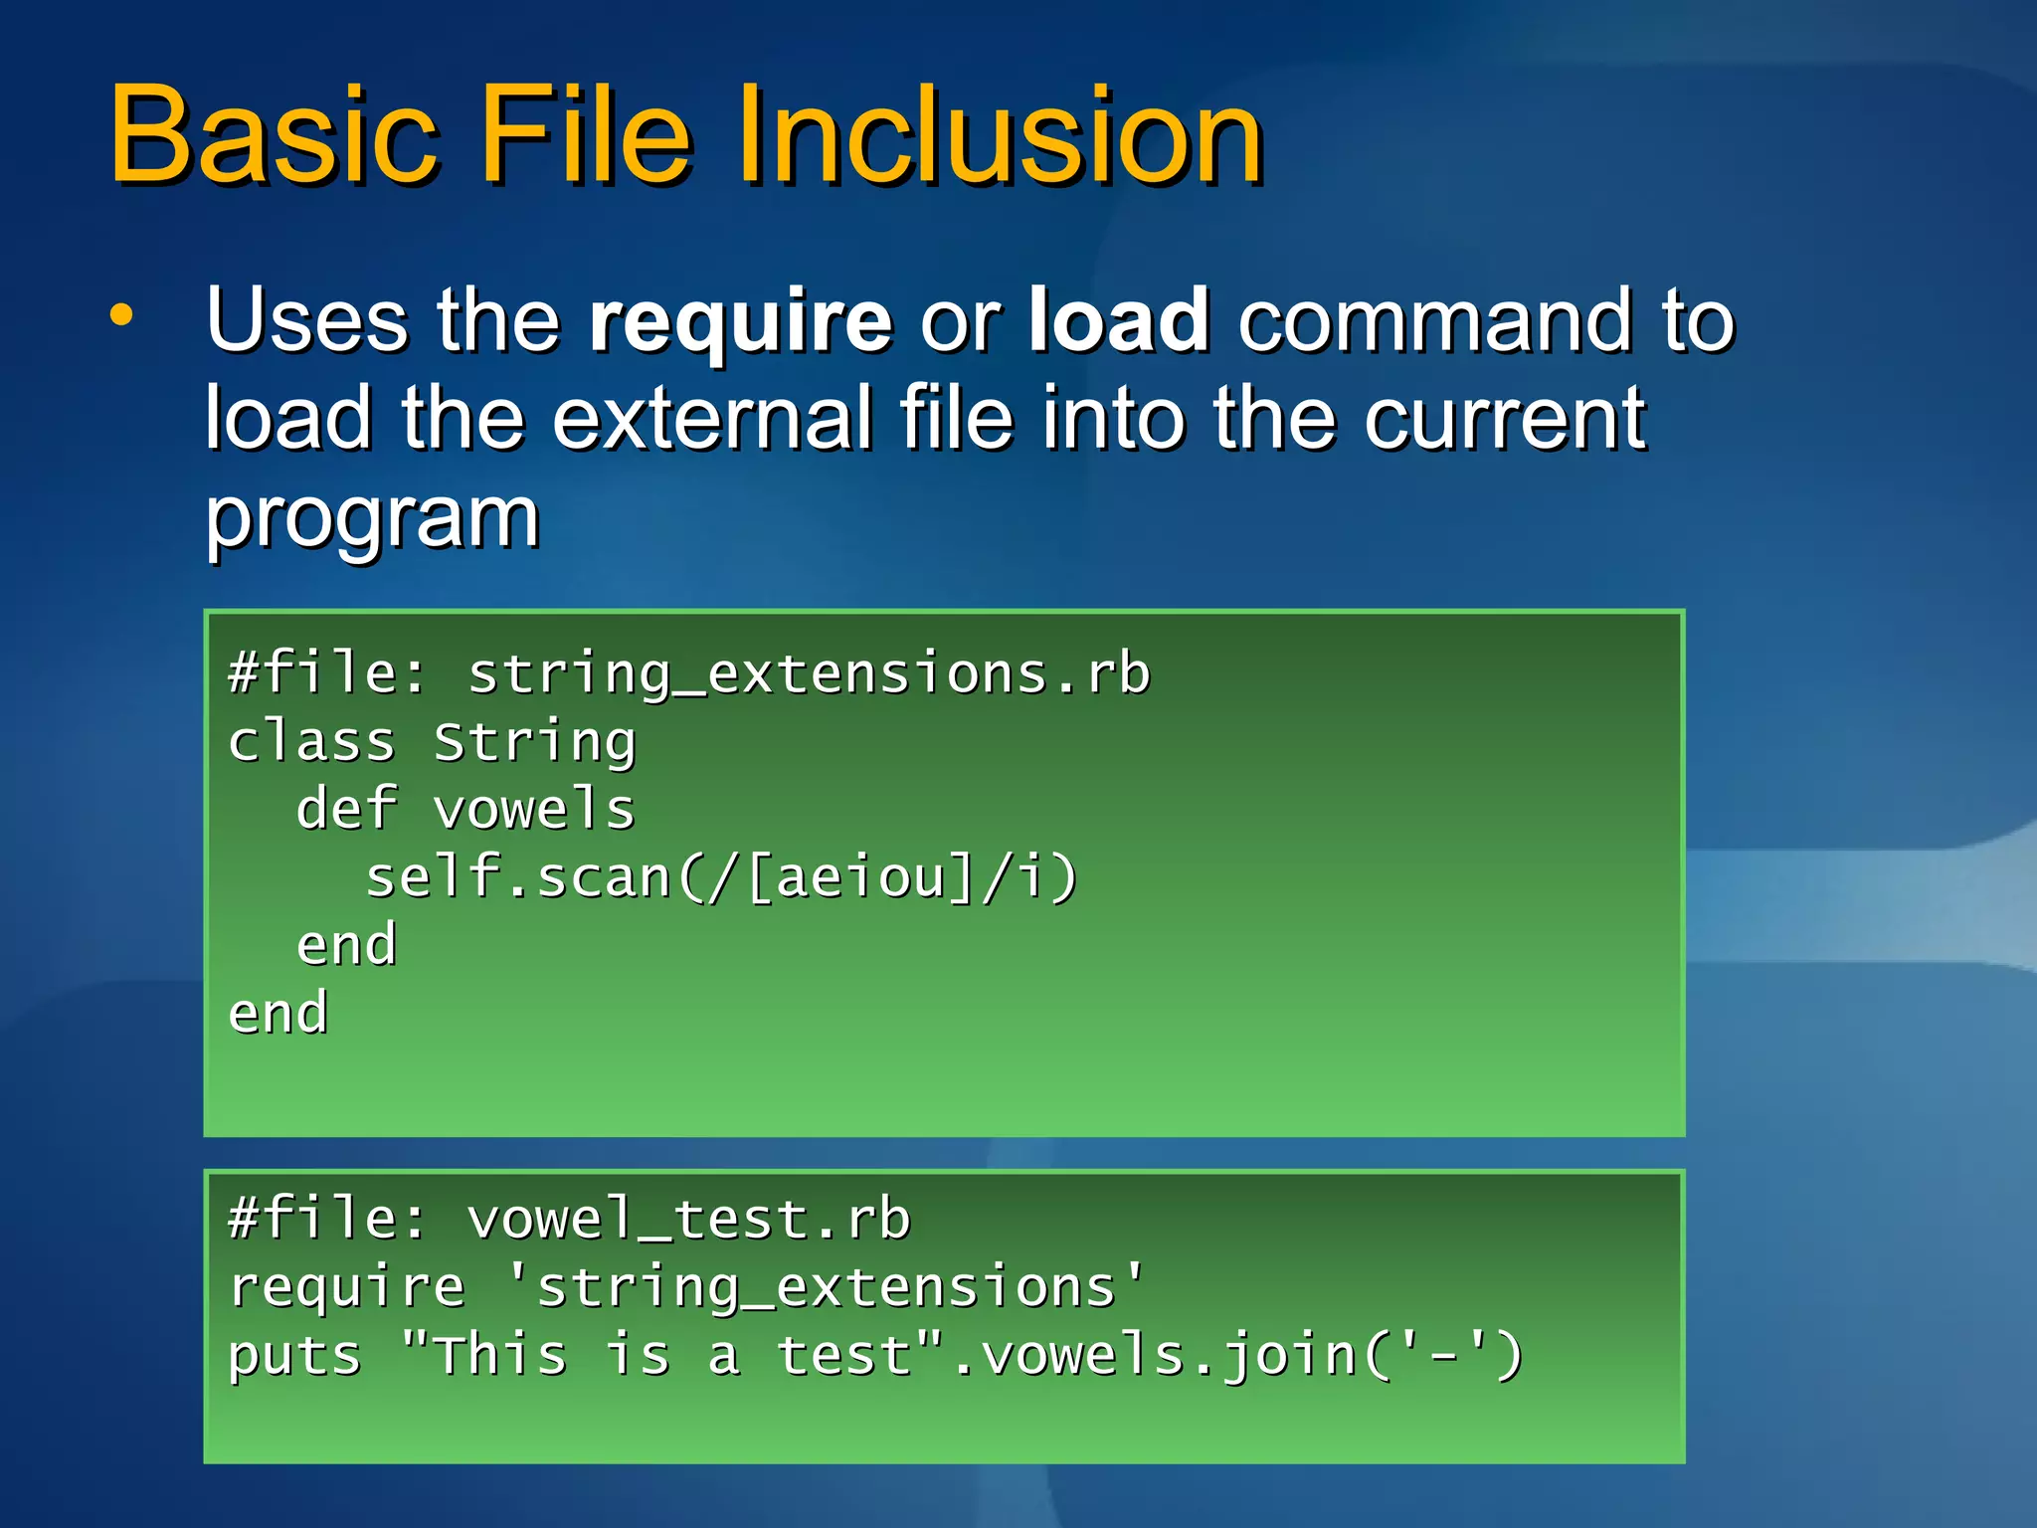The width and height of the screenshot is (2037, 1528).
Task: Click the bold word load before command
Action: point(1118,320)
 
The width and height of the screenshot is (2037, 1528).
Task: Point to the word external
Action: point(712,418)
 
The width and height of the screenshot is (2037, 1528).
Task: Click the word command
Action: point(1434,320)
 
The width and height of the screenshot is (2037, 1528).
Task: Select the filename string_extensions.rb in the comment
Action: point(809,674)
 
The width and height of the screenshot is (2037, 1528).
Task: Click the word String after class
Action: point(535,743)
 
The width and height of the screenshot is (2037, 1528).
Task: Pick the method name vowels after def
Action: point(535,809)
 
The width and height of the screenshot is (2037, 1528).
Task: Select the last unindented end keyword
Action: point(278,1014)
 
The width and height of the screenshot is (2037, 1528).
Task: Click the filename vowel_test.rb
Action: point(688,1220)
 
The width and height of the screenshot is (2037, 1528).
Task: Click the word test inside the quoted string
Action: point(843,1355)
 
